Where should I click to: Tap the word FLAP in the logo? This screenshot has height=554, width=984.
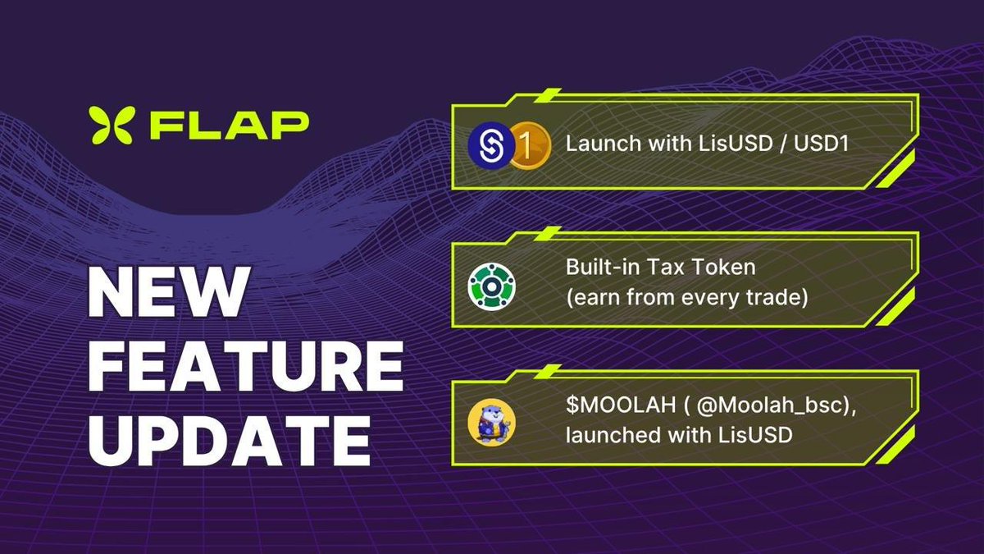click(230, 126)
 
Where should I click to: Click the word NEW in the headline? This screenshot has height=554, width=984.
click(167, 292)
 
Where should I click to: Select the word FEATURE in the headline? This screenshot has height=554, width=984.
click(246, 366)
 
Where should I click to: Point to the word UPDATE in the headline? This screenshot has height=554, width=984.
click(230, 440)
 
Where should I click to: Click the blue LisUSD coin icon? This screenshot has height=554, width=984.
click(491, 145)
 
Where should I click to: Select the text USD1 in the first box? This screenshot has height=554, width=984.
click(821, 144)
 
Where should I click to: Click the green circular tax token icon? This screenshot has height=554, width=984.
click(491, 286)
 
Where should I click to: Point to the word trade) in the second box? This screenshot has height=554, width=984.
click(777, 298)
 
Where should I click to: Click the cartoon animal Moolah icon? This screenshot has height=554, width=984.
click(491, 423)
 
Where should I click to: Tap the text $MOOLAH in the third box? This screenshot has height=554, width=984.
click(621, 405)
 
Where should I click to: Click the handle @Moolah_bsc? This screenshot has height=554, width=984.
click(768, 405)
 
